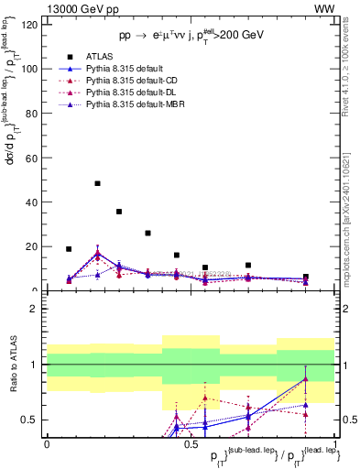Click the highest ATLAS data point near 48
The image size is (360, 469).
click(97, 183)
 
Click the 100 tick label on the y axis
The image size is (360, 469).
click(29, 69)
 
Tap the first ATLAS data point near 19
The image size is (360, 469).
click(69, 248)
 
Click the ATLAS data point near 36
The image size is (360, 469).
click(119, 212)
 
